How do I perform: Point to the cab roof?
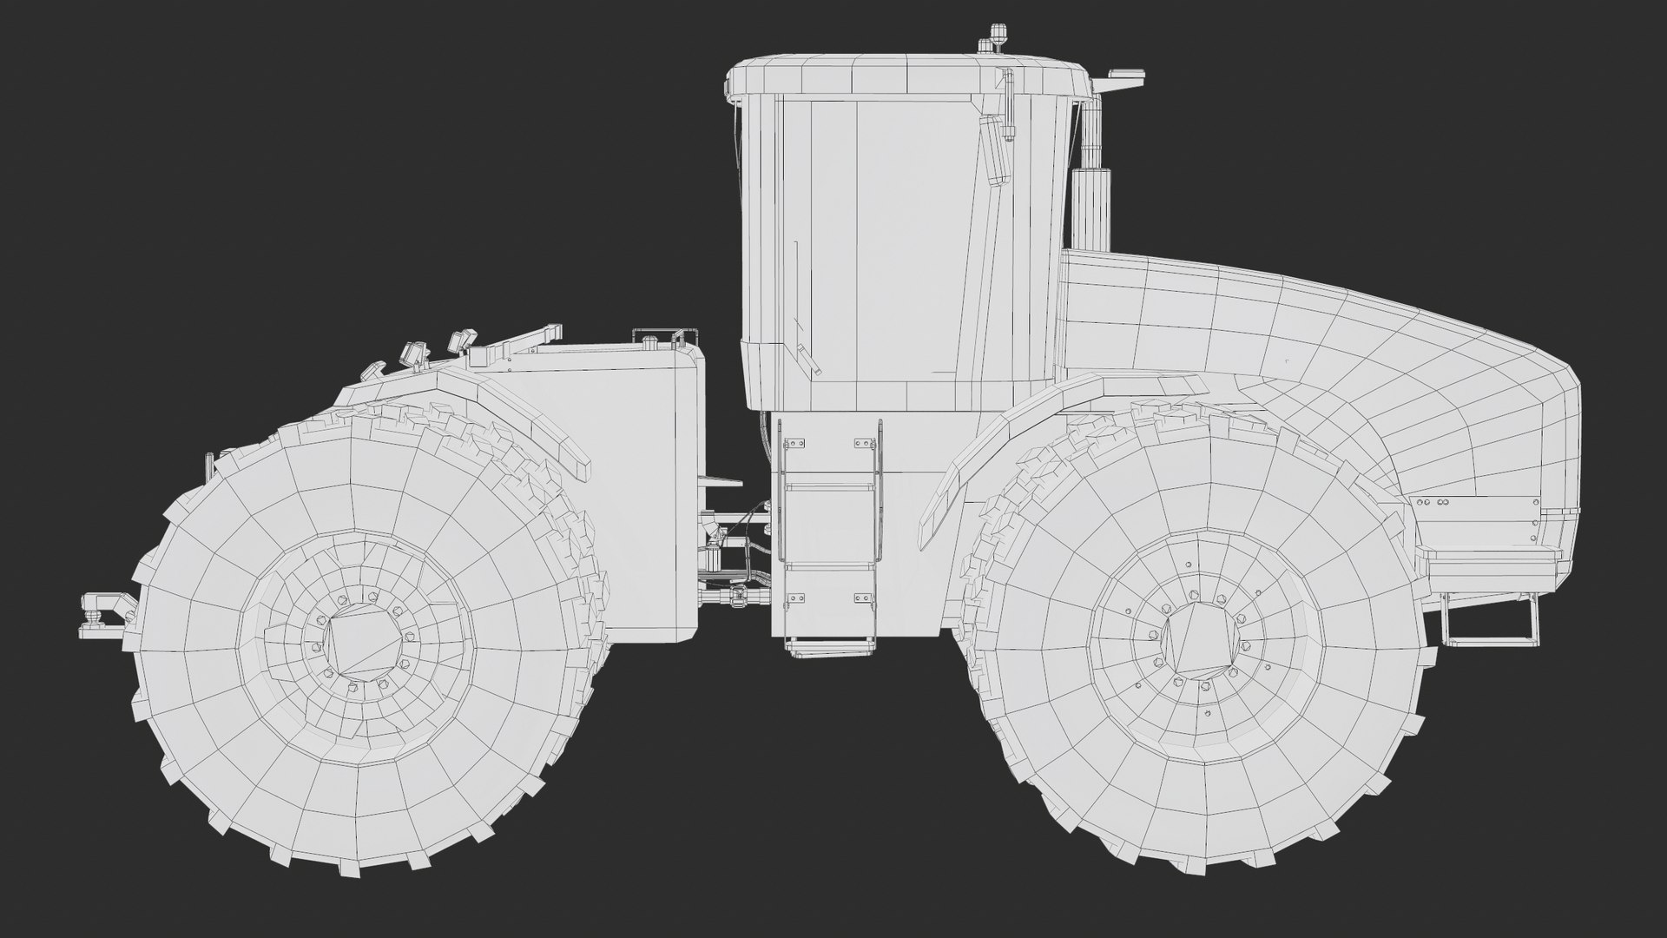903,74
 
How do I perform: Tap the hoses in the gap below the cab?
734,556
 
